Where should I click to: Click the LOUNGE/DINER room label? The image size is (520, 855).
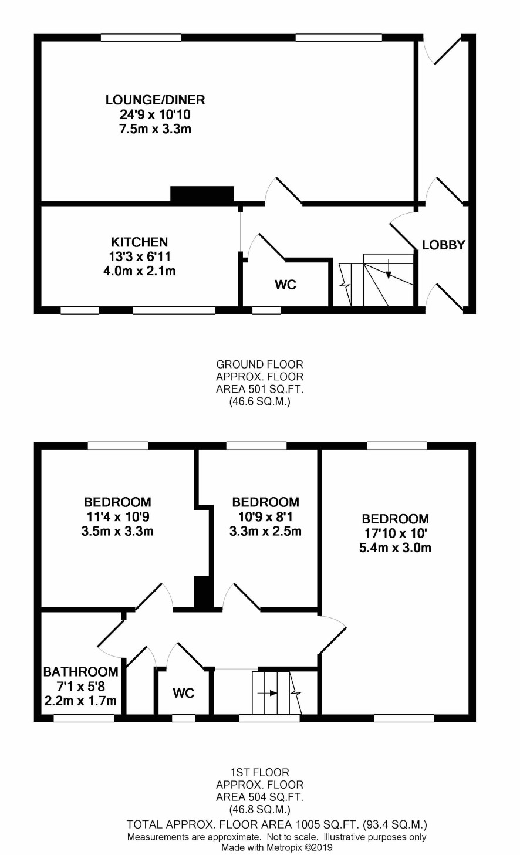click(x=156, y=100)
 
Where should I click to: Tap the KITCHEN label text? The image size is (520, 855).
click(x=139, y=242)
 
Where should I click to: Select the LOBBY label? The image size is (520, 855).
click(x=444, y=245)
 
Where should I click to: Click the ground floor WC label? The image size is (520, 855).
click(x=286, y=285)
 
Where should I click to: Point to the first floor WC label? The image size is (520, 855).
click(x=184, y=693)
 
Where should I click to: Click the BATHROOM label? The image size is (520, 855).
click(x=80, y=671)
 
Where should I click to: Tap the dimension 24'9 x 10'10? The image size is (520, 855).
click(x=155, y=114)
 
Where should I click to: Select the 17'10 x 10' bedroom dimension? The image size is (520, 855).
click(x=395, y=533)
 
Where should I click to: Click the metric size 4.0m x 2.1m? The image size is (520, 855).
click(x=139, y=271)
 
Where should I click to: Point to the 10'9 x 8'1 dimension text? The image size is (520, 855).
click(x=265, y=516)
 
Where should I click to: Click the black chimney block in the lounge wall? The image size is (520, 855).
click(x=202, y=194)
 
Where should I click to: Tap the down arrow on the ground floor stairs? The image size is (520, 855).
click(x=389, y=269)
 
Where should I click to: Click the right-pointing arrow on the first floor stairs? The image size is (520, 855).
click(x=268, y=693)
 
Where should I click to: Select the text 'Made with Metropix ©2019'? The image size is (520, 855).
click(x=277, y=848)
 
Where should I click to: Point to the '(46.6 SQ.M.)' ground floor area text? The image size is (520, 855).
click(x=259, y=401)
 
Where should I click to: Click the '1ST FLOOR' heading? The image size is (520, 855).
click(x=259, y=773)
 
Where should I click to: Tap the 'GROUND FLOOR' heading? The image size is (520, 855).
click(x=259, y=364)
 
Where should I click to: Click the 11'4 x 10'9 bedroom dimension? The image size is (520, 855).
click(x=117, y=516)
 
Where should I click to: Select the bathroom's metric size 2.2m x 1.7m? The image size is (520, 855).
click(x=80, y=701)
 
